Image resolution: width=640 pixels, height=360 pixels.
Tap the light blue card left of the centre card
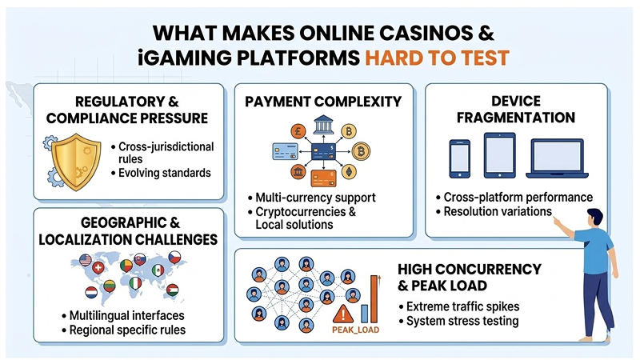tap(286, 151)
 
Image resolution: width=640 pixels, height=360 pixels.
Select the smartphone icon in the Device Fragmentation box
tap(460, 158)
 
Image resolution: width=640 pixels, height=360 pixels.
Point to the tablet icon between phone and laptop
tap(499, 156)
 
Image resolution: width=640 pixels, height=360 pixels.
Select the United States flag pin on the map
tap(85, 258)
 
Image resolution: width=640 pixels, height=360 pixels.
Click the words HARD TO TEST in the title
tap(437, 58)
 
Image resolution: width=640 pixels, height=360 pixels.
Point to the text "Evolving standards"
tap(164, 173)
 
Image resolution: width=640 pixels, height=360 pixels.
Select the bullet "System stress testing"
tap(462, 322)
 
